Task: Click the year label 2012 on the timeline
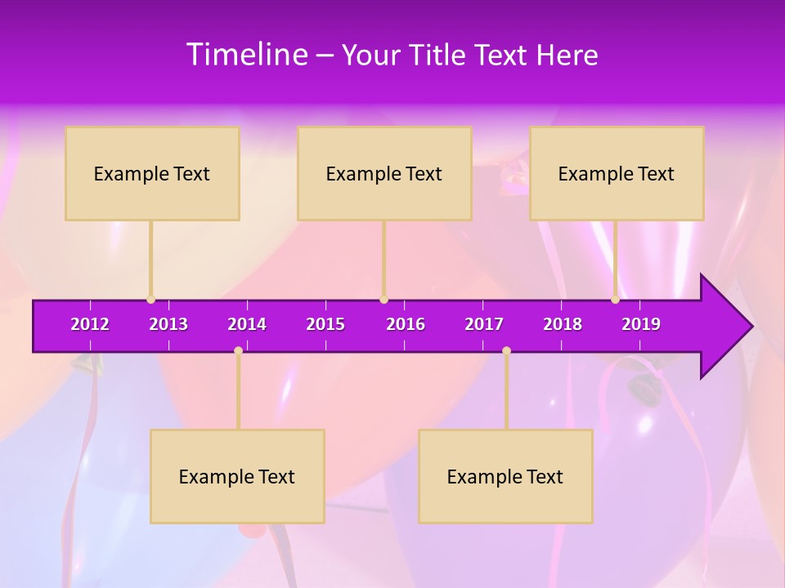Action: click(90, 324)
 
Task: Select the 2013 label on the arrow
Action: click(168, 324)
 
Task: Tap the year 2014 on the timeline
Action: click(247, 324)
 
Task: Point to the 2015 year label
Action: click(325, 324)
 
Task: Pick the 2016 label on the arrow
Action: click(406, 324)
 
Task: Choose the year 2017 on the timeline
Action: click(484, 324)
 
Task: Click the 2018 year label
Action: click(563, 324)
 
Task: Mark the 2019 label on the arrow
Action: click(641, 324)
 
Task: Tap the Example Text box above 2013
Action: click(152, 174)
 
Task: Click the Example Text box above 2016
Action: click(384, 174)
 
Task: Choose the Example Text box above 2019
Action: click(617, 174)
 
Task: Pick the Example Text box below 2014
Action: click(237, 477)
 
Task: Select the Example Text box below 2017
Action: click(505, 477)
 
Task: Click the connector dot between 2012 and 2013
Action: click(150, 300)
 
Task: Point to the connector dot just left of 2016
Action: click(384, 300)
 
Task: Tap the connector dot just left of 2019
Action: click(615, 300)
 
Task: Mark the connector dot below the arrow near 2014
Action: click(238, 350)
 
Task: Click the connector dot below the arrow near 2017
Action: click(506, 350)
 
